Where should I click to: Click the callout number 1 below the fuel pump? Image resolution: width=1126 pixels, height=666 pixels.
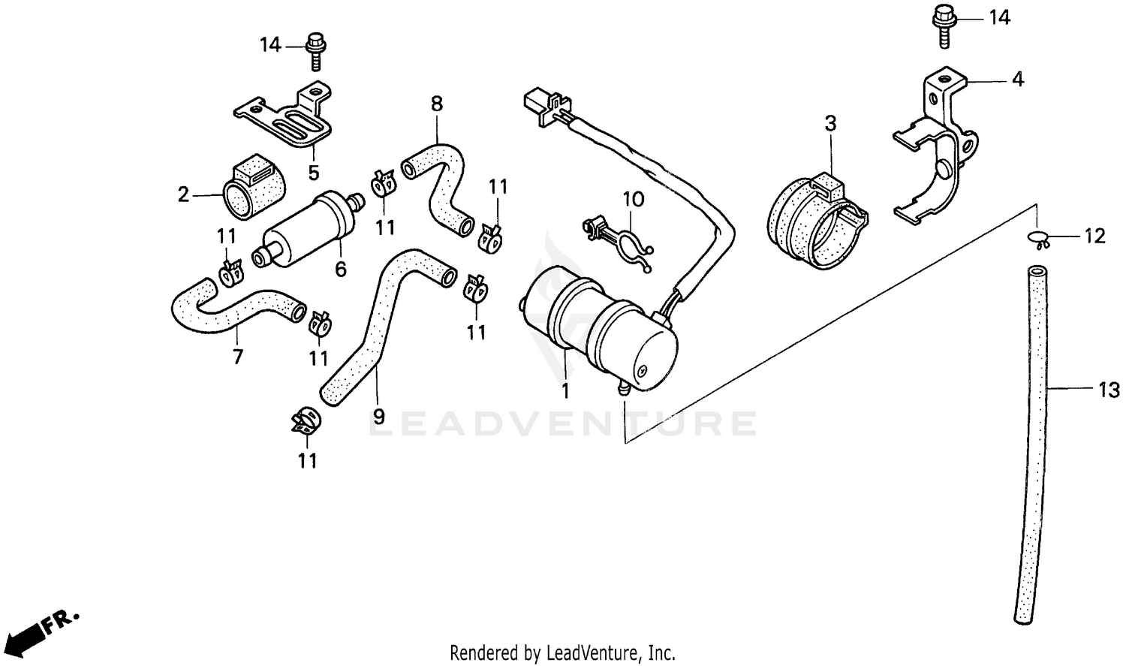click(565, 390)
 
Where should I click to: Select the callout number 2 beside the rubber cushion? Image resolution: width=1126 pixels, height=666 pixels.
click(183, 195)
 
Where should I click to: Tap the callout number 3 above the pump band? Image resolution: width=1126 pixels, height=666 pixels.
click(830, 123)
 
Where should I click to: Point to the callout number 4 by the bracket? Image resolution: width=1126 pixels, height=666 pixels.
click(1017, 79)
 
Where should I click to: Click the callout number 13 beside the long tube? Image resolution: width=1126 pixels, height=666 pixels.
click(1109, 390)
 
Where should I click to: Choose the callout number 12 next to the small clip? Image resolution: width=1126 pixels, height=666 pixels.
click(1094, 237)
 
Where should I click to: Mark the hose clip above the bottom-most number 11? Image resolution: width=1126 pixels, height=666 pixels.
click(306, 421)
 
